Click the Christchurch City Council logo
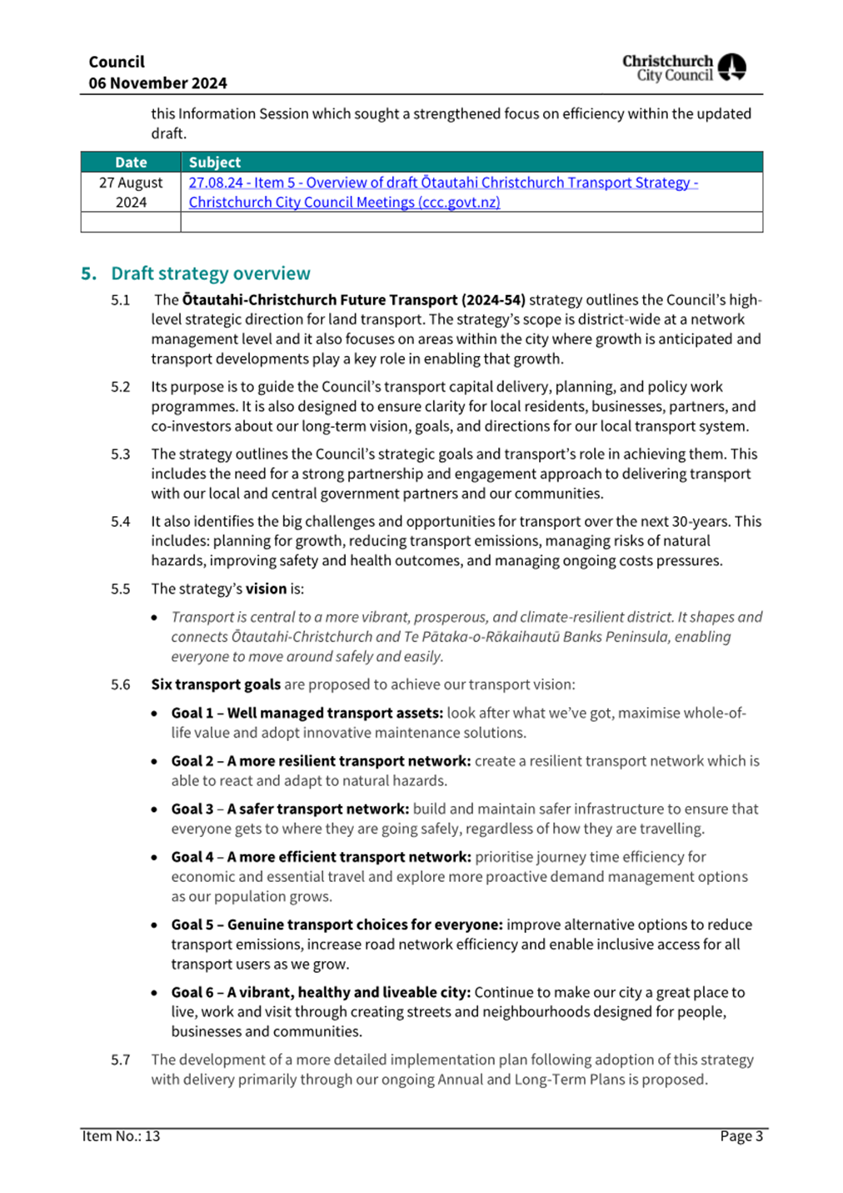[684, 68]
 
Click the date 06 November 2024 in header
[157, 83]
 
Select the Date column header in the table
[131, 163]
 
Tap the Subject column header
[215, 163]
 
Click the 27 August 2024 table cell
[131, 193]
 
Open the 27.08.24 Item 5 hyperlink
[442, 183]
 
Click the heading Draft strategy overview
[210, 273]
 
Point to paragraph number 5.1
[121, 300]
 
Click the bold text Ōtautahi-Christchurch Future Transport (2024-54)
[353, 300]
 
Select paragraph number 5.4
[121, 522]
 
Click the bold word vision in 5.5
[266, 589]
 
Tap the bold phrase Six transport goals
[216, 684]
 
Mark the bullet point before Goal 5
[155, 925]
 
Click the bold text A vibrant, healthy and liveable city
[349, 993]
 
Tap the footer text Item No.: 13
[121, 1136]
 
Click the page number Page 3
[741, 1136]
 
